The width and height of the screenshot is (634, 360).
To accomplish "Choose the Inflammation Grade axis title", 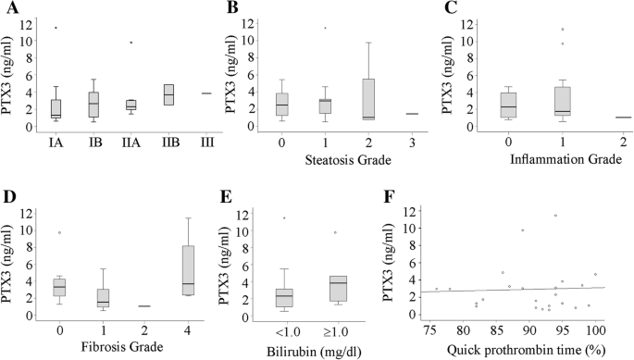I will click(x=553, y=161).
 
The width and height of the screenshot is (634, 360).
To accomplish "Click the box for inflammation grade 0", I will click(x=507, y=106).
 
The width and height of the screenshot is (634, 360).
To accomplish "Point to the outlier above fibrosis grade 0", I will click(x=59, y=232).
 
